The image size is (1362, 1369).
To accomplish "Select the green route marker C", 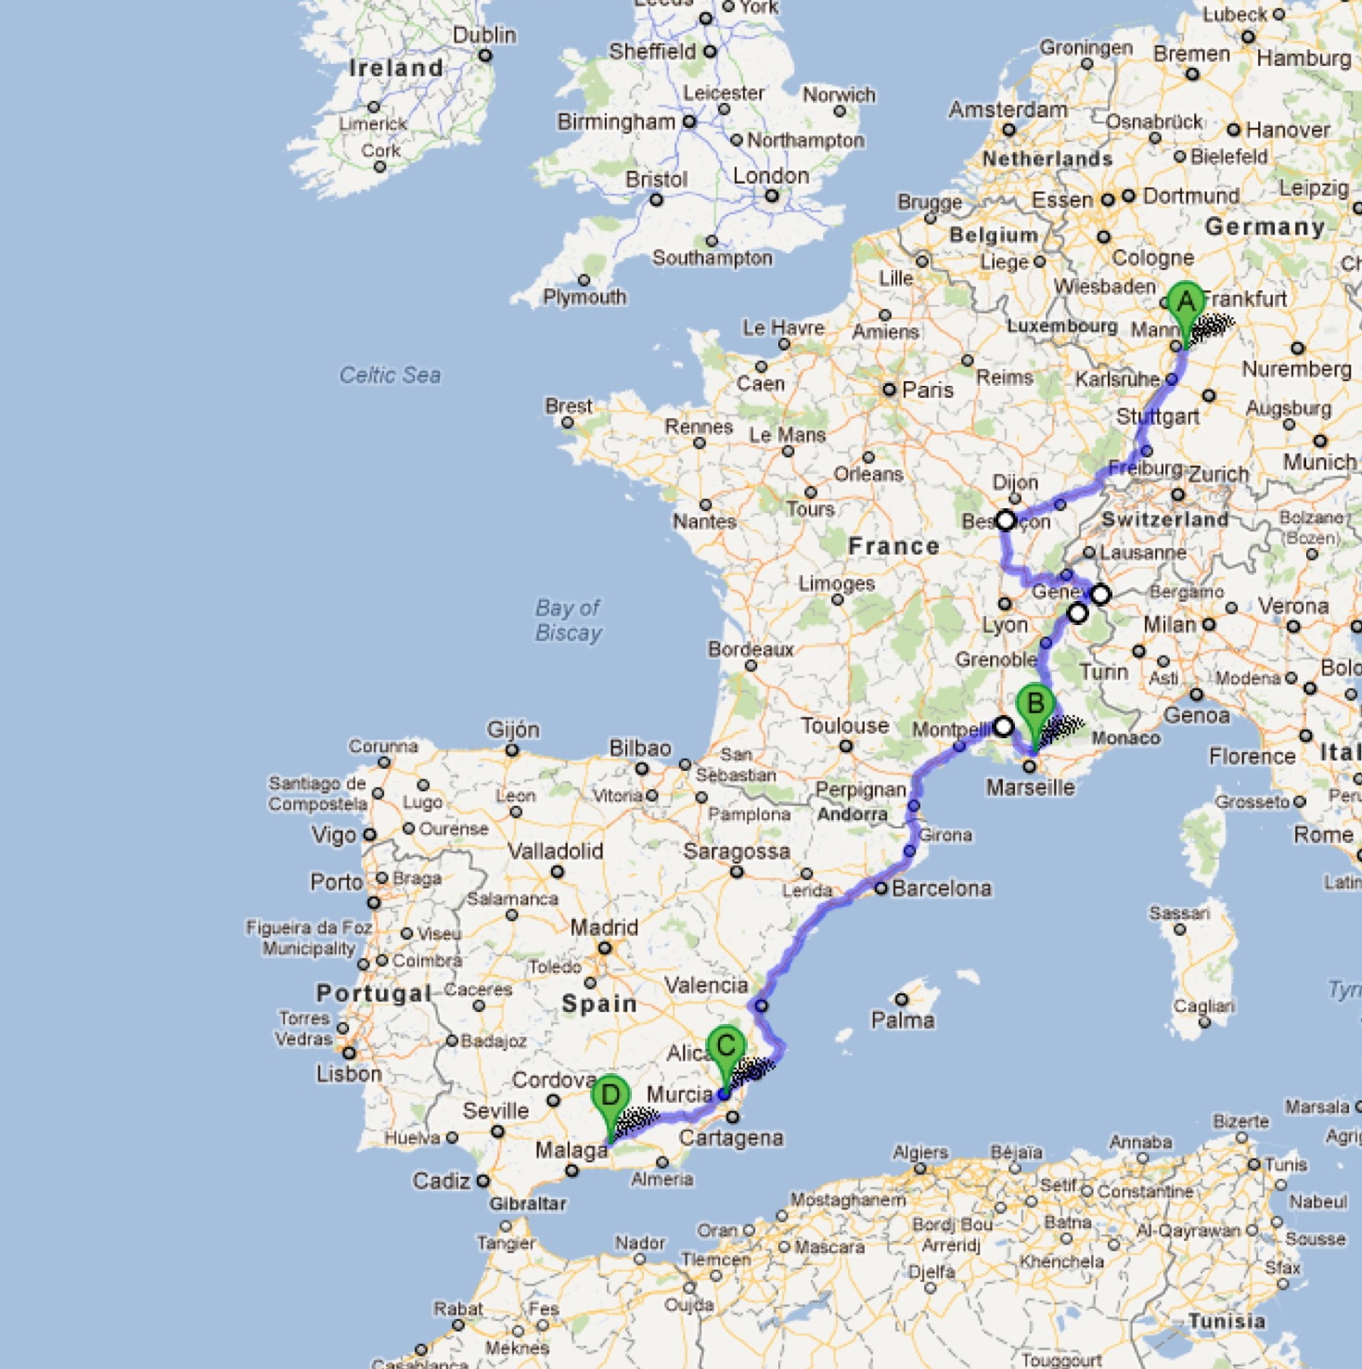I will point(726,1048).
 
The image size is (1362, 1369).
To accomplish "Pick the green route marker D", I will point(610,1097).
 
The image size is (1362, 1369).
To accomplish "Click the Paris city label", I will point(927,390).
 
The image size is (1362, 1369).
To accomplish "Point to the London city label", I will point(770,176).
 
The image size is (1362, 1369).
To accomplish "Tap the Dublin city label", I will point(483,35).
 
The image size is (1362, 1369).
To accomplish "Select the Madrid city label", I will point(604,928).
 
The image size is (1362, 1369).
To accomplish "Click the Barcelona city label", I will point(941,889).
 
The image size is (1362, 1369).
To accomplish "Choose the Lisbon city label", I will point(349,1074).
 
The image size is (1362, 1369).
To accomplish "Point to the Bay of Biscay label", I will point(568,621).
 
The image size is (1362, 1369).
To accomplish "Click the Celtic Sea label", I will point(390,375).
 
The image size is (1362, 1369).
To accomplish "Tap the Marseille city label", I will point(1030,787).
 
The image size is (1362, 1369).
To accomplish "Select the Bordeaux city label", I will point(751,649).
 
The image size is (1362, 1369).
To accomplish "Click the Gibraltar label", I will point(527,1203).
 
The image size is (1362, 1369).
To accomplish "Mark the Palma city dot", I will point(901,999).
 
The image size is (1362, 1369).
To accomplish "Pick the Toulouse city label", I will point(844,725).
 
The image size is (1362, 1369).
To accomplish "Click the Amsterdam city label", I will point(1008,109).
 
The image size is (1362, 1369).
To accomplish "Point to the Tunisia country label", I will point(1227,1321).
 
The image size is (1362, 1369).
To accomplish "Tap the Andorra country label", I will point(852,814).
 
